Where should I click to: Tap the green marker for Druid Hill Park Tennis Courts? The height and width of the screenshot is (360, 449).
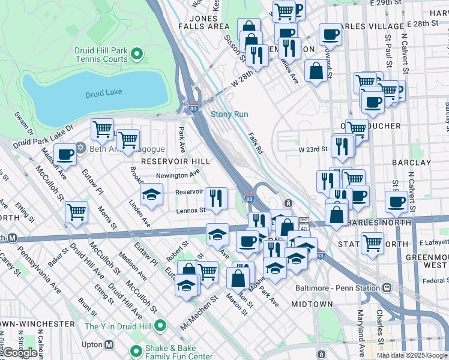coord(137,55)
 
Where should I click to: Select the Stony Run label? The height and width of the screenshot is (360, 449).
coord(229,114)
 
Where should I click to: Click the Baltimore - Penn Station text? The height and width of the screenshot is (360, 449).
coord(338,287)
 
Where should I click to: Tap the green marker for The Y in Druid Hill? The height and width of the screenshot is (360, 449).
coord(160,326)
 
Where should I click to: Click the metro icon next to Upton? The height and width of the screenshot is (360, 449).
coord(109,344)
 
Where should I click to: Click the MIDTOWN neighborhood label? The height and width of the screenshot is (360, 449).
coord(307,304)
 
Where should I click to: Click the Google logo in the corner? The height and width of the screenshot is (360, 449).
coord(20,353)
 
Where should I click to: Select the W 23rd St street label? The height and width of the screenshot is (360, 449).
coord(313,149)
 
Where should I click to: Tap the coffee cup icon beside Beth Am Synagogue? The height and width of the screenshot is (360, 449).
coord(65,154)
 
